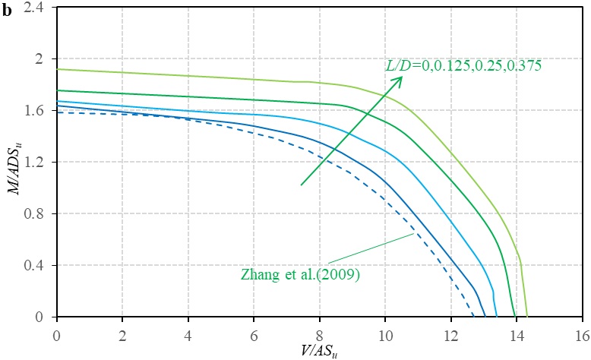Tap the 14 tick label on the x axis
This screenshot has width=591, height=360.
pos(517,333)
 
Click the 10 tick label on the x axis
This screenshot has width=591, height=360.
pos(385,333)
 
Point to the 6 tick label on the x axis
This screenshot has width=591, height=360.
pos(254,333)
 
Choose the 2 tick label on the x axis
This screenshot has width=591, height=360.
pos(122,333)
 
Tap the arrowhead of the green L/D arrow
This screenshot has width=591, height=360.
pos(400,78)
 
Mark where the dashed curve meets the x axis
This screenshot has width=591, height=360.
pos(473,317)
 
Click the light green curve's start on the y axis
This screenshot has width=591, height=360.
pos(57,69)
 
